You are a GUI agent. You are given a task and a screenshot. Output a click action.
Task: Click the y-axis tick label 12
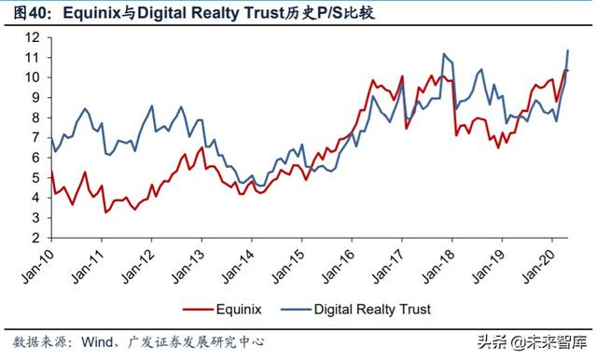click(x=32, y=37)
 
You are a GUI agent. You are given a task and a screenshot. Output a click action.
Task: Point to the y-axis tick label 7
click(x=35, y=138)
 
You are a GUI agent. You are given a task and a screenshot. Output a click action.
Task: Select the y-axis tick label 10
click(x=32, y=77)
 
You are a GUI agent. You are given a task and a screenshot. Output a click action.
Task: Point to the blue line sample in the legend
click(x=289, y=307)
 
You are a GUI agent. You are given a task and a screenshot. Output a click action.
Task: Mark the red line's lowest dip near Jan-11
click(x=105, y=212)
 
